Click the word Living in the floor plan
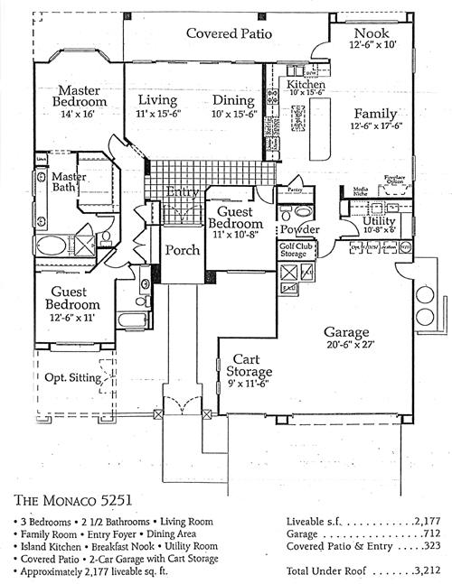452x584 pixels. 157,100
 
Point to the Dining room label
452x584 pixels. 234,100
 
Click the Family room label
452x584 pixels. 374,114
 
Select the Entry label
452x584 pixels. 184,191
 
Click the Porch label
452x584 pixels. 182,250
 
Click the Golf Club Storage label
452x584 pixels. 297,250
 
